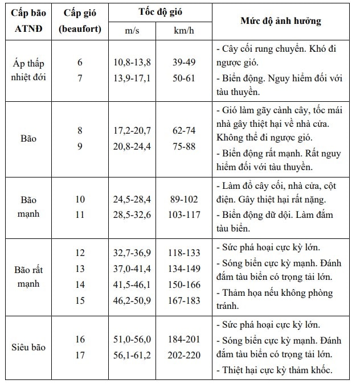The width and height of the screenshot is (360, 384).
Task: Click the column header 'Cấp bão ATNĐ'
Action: click(28, 20)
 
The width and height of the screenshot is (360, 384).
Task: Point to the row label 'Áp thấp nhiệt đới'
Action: click(28, 70)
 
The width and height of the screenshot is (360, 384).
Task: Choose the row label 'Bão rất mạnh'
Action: click(28, 276)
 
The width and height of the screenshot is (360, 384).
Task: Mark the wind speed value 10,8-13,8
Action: click(132, 63)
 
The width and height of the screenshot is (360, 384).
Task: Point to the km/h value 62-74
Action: click(183, 131)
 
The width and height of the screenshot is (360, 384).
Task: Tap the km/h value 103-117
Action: click(183, 215)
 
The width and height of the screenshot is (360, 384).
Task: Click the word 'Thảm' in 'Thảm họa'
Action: click(231, 294)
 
